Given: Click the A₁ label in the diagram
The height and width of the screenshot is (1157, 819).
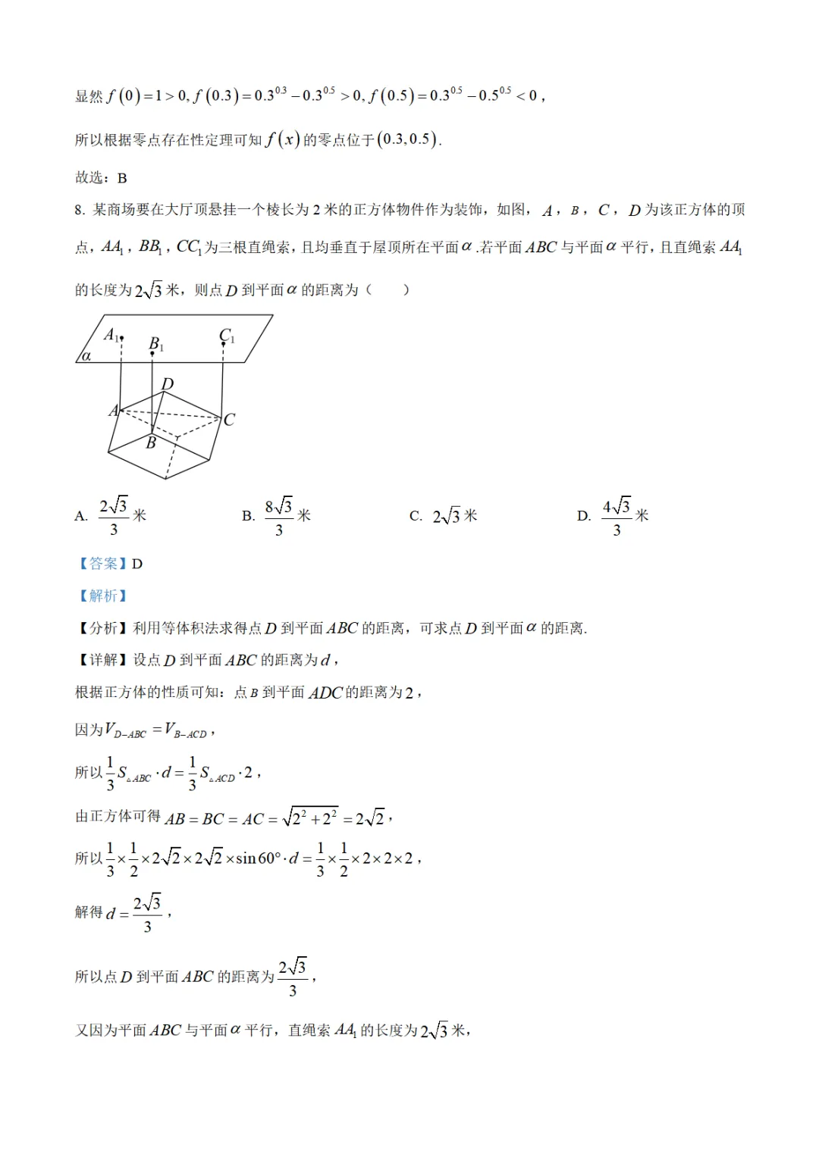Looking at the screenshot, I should [111, 334].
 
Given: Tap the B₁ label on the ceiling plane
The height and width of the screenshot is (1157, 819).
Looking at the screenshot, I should [155, 344].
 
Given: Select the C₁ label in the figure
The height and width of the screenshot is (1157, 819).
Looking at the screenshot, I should [226, 335].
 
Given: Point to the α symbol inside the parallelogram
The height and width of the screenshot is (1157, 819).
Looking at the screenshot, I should [86, 355].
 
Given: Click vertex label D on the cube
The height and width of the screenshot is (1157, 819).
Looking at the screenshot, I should [168, 384].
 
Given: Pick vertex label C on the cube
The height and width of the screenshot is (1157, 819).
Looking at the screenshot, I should [229, 419].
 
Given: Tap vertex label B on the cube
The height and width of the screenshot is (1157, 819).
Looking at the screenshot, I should [151, 443].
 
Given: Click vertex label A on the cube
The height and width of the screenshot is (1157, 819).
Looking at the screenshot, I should [114, 411].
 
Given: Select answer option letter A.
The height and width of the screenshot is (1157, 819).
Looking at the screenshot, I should [81, 516].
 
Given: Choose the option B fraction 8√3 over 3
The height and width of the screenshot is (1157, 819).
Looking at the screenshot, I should [278, 516].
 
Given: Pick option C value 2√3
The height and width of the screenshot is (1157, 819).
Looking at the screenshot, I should [447, 516].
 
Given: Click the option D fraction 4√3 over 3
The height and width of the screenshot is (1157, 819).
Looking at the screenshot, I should [616, 516].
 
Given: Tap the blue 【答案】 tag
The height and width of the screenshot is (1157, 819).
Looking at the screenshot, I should [103, 563].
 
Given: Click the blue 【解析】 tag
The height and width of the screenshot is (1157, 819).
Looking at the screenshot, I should [103, 596].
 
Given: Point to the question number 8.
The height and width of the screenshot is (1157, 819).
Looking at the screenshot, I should [80, 210].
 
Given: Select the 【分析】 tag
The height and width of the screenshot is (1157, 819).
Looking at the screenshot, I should [103, 628].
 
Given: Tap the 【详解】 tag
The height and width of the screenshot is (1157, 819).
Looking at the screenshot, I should [103, 660].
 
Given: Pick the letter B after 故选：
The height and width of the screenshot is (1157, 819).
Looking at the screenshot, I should [122, 178].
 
